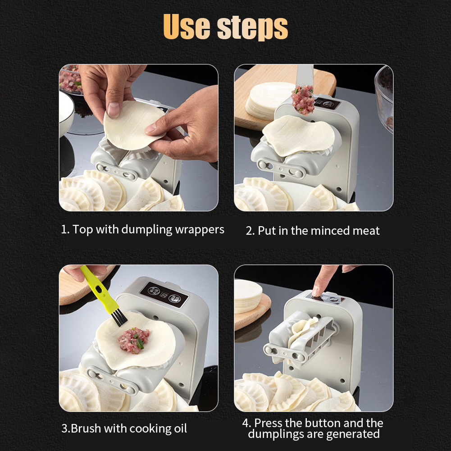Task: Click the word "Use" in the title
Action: (x=187, y=27)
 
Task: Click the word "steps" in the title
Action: (x=252, y=28)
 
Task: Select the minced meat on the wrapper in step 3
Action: (x=134, y=340)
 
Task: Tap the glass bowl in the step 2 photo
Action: (x=384, y=98)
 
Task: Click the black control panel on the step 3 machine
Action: (x=164, y=295)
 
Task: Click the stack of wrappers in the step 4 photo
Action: (x=248, y=296)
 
